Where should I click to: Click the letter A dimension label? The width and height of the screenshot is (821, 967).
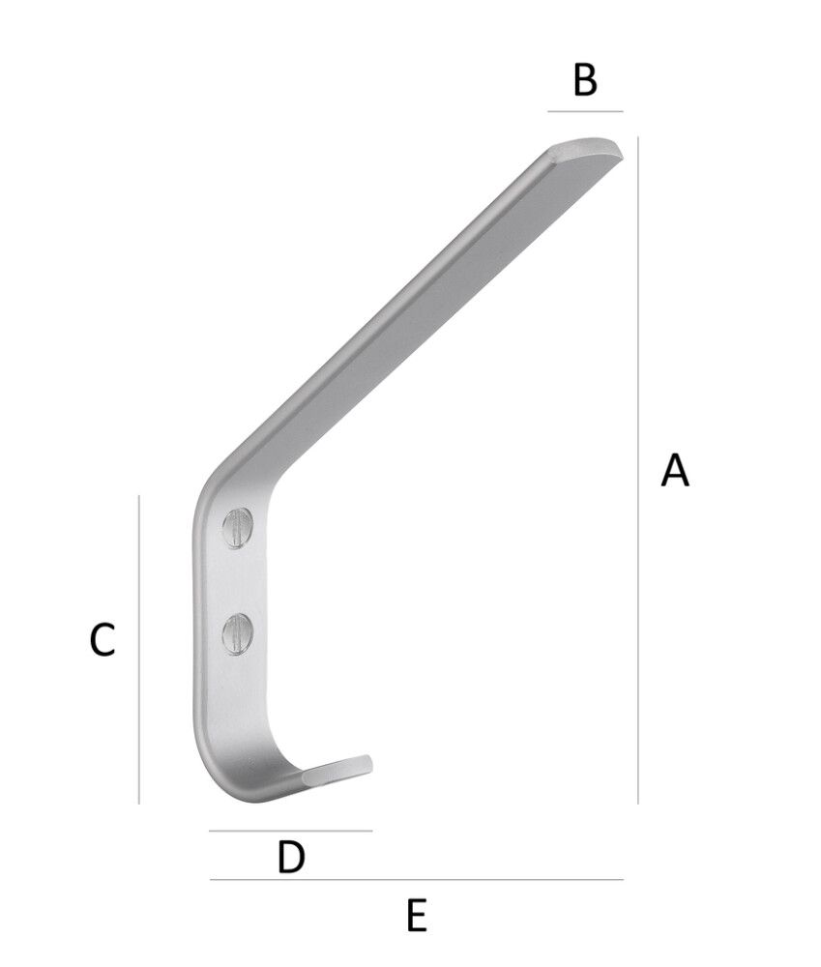pos(674,470)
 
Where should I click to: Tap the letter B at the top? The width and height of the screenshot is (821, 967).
pos(585,80)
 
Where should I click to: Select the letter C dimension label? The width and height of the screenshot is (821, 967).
pos(103,639)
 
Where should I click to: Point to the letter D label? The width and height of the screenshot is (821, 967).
pos(291,857)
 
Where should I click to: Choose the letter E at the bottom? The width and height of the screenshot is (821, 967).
pos(417,914)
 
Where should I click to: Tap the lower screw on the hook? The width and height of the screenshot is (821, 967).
pos(237,634)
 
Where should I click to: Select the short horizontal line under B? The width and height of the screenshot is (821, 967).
pos(585,112)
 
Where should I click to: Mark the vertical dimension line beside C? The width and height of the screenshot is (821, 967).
pos(139,649)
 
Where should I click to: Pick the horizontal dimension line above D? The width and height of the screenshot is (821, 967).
pos(290,831)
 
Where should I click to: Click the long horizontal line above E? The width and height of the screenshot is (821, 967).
pos(416,880)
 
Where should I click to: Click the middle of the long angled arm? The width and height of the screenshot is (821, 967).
pos(406,309)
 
